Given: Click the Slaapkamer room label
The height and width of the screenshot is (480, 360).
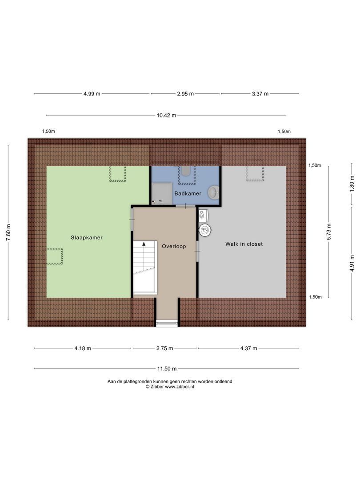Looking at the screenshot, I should (x=87, y=237).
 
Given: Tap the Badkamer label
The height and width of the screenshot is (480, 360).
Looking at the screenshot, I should (x=188, y=194).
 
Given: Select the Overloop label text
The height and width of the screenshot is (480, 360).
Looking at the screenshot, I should (x=173, y=246).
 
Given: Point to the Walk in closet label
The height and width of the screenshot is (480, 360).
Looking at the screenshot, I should (x=244, y=244).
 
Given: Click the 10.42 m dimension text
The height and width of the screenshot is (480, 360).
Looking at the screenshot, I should (x=166, y=115).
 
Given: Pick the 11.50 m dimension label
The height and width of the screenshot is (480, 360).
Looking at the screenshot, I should (x=167, y=368).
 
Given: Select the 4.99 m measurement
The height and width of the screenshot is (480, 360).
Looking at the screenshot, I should (x=92, y=94).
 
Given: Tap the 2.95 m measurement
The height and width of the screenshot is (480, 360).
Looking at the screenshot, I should (x=185, y=94).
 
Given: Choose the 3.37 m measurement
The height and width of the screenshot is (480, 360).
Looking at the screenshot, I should (x=260, y=94).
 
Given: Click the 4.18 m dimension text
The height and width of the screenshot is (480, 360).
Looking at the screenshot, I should (x=83, y=348).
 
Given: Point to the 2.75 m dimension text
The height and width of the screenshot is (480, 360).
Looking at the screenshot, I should (x=164, y=348).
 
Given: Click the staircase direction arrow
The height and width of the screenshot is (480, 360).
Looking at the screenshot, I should (x=144, y=245).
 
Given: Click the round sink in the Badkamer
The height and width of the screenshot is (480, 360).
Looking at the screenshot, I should (x=214, y=192).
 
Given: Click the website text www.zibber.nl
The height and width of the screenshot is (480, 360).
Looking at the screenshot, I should (x=180, y=387).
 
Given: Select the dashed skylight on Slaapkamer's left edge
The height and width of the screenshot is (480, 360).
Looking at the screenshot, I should (x=55, y=256).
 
